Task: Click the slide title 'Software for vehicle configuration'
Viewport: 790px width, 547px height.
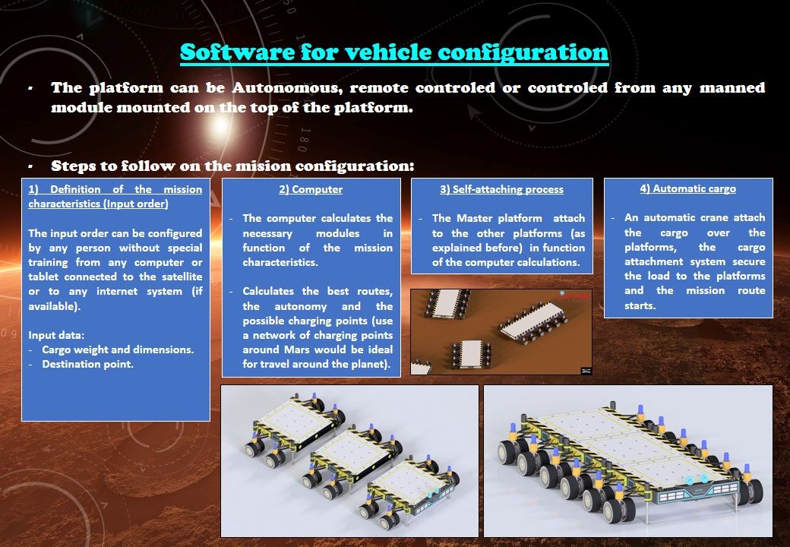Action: tap(394, 52)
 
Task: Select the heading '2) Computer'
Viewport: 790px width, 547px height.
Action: tap(311, 189)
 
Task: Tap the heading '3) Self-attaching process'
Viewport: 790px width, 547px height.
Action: tap(502, 189)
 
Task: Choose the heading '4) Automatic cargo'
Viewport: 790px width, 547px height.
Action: tap(688, 189)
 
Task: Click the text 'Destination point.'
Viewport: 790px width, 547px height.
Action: tap(87, 364)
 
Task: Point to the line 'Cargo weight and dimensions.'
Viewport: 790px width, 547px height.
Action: tap(118, 349)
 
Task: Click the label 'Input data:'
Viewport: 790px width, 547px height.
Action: tap(56, 335)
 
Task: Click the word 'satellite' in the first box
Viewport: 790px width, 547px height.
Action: tap(182, 277)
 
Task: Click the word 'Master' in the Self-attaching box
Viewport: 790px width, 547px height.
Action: tap(474, 218)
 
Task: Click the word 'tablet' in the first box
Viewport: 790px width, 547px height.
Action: tap(44, 277)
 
